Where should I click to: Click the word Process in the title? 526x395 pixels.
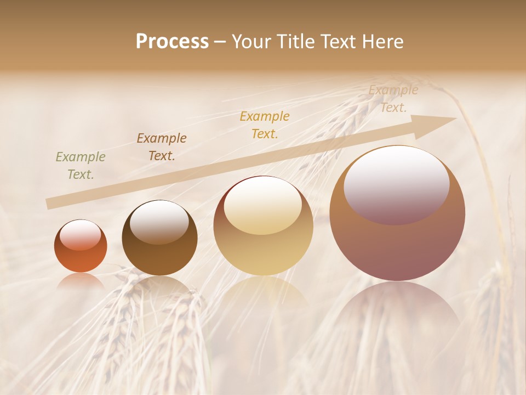click(x=172, y=42)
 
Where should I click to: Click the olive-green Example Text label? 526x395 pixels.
click(x=81, y=166)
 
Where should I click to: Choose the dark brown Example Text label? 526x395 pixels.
click(x=162, y=147)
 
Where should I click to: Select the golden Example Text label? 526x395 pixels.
click(x=265, y=125)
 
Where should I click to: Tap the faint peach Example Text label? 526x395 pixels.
click(x=393, y=99)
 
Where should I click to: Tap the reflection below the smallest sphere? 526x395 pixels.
click(x=81, y=281)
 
